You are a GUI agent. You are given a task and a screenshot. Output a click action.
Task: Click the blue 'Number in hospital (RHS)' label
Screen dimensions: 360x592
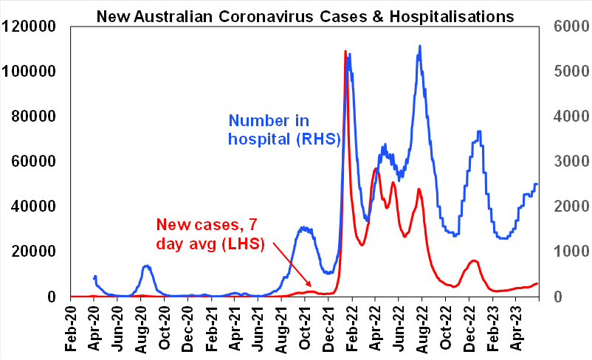click(x=283, y=129)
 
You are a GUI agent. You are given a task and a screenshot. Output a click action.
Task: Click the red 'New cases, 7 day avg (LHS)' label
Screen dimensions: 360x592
click(x=210, y=233)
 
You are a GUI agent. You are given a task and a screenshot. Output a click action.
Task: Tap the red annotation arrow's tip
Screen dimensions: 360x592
click(x=312, y=287)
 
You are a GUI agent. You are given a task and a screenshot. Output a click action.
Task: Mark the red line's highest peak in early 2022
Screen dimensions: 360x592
click(x=345, y=52)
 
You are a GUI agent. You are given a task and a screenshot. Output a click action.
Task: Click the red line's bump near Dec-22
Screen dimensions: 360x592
click(x=473, y=260)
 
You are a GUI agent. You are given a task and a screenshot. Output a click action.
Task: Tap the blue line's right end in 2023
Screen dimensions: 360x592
click(x=537, y=184)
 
